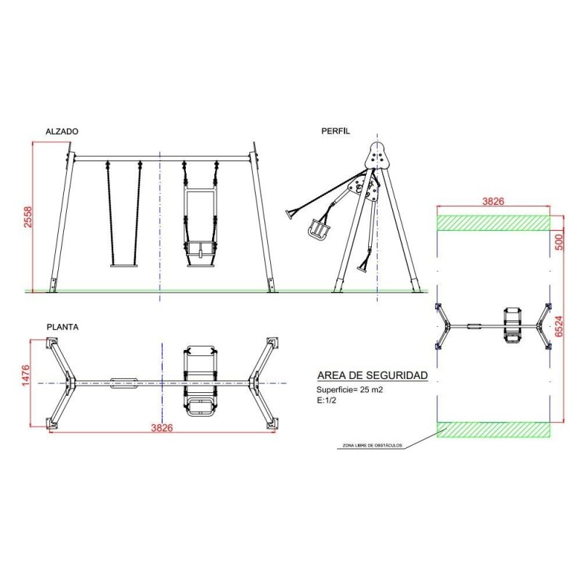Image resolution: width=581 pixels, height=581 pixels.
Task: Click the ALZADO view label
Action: pos(62,131)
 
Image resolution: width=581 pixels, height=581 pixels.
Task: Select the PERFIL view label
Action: pos(336,131)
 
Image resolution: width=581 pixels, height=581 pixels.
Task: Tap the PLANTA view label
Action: pos(62,327)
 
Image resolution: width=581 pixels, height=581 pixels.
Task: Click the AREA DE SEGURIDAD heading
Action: pos(373,375)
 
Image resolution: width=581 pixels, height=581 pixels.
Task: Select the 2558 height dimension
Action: pos(28,216)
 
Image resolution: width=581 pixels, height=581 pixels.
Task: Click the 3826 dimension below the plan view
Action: pos(161,428)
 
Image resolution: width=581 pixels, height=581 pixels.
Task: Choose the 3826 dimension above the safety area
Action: pos(492,201)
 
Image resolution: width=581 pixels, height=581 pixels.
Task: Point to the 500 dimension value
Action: pos(560,240)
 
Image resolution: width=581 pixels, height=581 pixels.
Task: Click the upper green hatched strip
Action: pos(492,222)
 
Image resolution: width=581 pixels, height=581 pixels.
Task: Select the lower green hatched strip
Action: pos(492,430)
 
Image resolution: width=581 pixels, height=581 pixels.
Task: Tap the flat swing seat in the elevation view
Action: pos(123,265)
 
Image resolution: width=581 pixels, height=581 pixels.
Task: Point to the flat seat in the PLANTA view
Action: pos(123,383)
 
